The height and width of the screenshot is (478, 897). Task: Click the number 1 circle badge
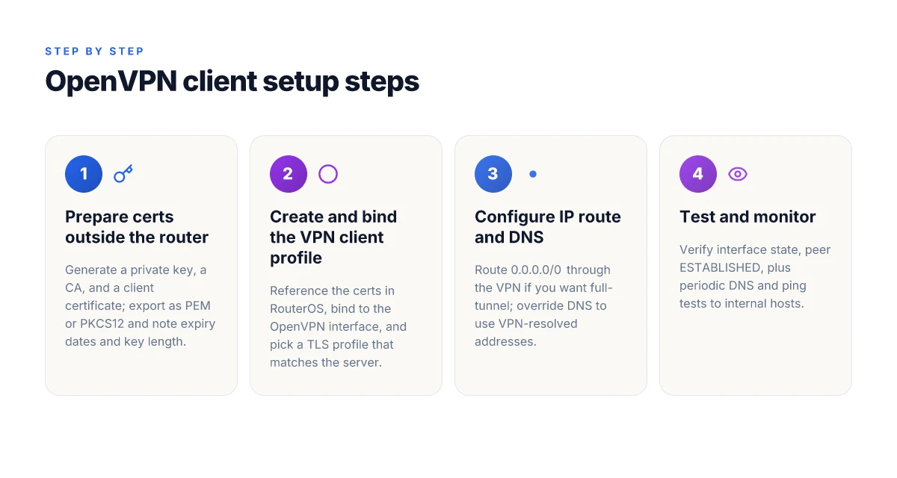[84, 174]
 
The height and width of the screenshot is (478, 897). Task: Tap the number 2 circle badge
[289, 174]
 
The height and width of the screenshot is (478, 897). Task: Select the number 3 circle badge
[493, 174]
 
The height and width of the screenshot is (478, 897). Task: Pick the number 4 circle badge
[698, 174]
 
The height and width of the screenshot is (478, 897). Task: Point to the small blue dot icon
[533, 174]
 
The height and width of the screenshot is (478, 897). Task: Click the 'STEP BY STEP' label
[94, 52]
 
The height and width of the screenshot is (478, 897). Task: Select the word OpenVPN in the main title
[111, 81]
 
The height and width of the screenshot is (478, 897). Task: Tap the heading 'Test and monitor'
[747, 217]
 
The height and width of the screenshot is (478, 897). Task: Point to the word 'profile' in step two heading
[296, 258]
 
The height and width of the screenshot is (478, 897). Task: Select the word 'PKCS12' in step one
[102, 323]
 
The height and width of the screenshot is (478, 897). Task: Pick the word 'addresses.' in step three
[505, 341]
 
